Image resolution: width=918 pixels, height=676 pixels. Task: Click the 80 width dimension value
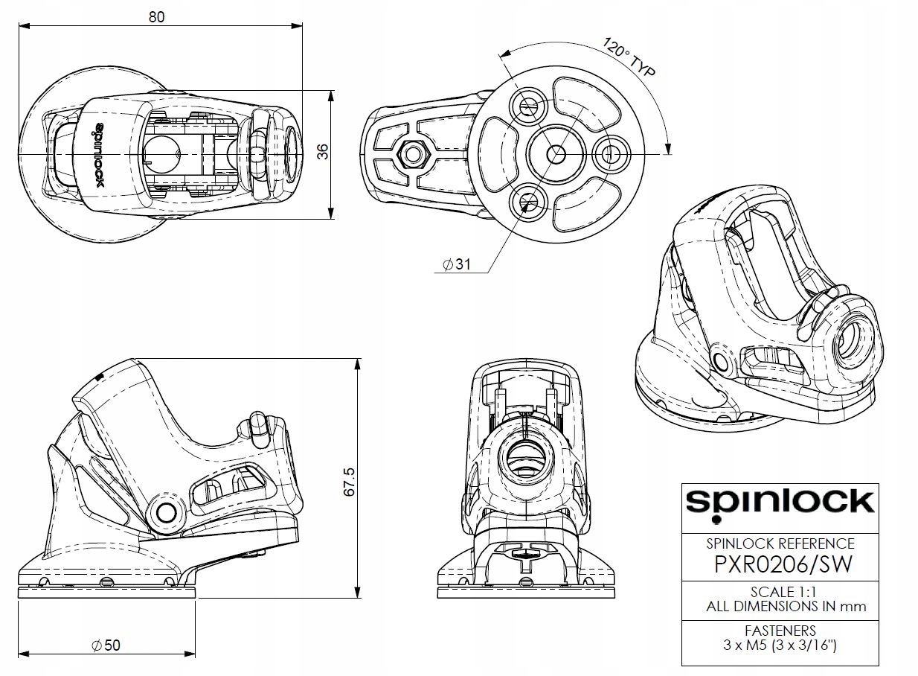pyautogui.click(x=156, y=16)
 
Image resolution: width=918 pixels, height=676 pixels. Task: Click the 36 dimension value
pyautogui.click(x=322, y=152)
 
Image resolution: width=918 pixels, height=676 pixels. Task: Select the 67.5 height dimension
pyautogui.click(x=350, y=482)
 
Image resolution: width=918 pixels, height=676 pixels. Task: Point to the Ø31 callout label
pyautogui.click(x=456, y=265)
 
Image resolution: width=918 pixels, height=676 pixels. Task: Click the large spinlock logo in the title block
pyautogui.click(x=779, y=502)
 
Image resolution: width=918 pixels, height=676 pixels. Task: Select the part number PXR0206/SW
pyautogui.click(x=782, y=564)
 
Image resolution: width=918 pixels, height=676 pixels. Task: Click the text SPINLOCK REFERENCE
pyautogui.click(x=780, y=543)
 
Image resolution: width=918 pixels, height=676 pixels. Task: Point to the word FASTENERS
pyautogui.click(x=780, y=631)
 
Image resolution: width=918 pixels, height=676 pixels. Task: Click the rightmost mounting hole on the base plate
pyautogui.click(x=610, y=154)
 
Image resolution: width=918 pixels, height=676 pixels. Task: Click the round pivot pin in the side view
pyautogui.click(x=165, y=512)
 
